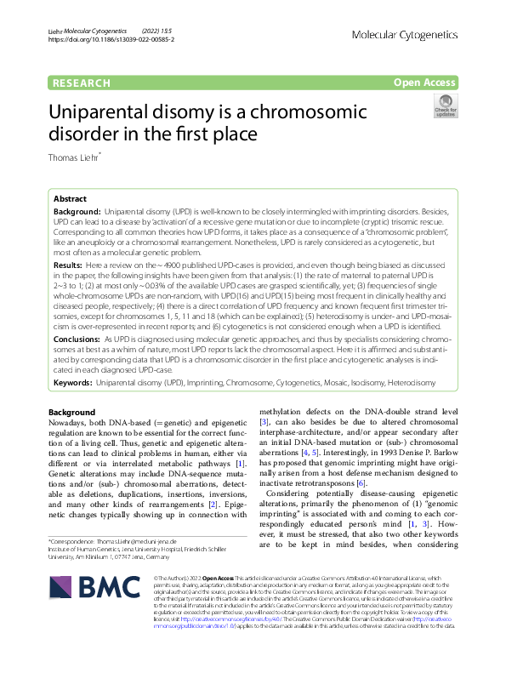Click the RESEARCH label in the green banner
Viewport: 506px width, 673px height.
pyautogui.click(x=82, y=83)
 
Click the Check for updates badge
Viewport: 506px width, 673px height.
pyautogui.click(x=445, y=107)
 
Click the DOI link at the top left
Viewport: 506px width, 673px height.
pyautogui.click(x=111, y=39)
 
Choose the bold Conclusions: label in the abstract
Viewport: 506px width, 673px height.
pyautogui.click(x=77, y=339)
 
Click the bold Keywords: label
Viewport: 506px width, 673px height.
pyautogui.click(x=74, y=384)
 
